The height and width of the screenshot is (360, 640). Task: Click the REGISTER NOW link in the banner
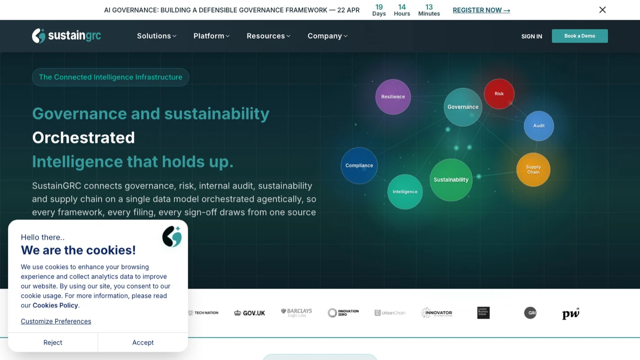click(x=481, y=10)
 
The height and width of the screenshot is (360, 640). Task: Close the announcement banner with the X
click(x=603, y=10)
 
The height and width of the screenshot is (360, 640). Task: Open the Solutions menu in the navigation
click(x=156, y=36)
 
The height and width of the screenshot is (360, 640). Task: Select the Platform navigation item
click(x=211, y=36)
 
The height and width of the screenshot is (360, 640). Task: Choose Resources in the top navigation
click(x=268, y=36)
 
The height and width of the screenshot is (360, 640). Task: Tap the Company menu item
click(x=327, y=36)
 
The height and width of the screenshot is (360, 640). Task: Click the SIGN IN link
click(x=532, y=37)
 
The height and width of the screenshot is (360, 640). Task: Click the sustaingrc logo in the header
click(x=67, y=36)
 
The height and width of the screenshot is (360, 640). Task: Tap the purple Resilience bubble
click(x=393, y=97)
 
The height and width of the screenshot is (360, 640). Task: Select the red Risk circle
click(x=499, y=94)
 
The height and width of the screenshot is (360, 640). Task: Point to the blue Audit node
click(x=539, y=126)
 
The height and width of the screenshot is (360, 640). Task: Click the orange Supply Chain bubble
click(x=533, y=170)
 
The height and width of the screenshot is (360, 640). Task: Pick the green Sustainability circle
click(x=451, y=180)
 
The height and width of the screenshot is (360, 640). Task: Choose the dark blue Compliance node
click(x=359, y=166)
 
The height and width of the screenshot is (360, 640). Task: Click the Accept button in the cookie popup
click(x=143, y=343)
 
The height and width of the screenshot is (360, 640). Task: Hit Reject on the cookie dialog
click(x=53, y=343)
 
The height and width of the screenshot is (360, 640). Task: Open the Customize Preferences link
click(x=56, y=322)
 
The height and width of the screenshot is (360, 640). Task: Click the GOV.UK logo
click(x=250, y=313)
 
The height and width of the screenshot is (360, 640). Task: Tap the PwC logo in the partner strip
click(x=571, y=313)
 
